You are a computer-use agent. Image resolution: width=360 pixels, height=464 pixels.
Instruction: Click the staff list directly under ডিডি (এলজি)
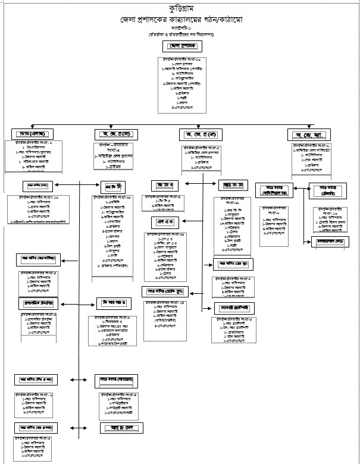tap(33, 156)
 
